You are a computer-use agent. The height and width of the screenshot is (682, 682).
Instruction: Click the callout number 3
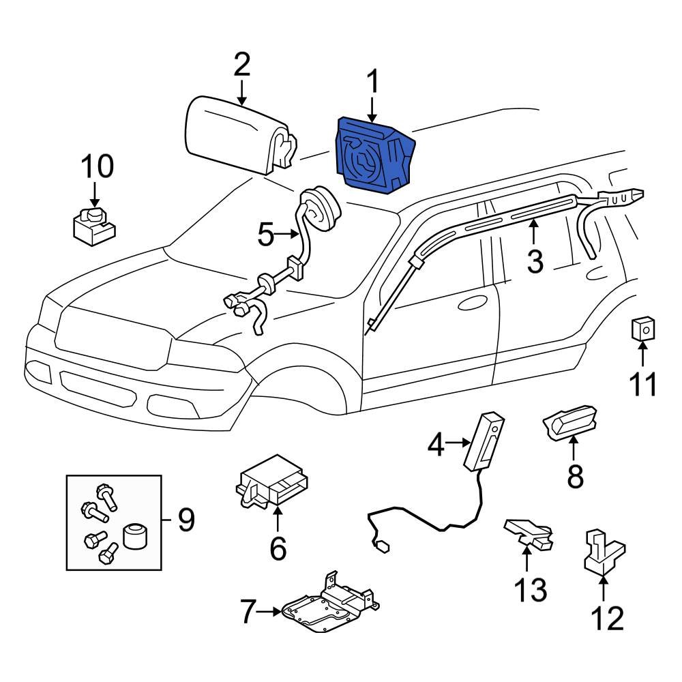(535, 260)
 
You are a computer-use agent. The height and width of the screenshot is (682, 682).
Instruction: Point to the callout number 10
(98, 166)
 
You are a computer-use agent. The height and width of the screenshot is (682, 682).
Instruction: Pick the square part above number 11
(642, 329)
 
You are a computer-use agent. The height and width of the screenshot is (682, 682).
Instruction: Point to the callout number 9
(186, 521)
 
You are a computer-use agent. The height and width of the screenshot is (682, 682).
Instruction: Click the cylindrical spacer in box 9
(134, 537)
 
